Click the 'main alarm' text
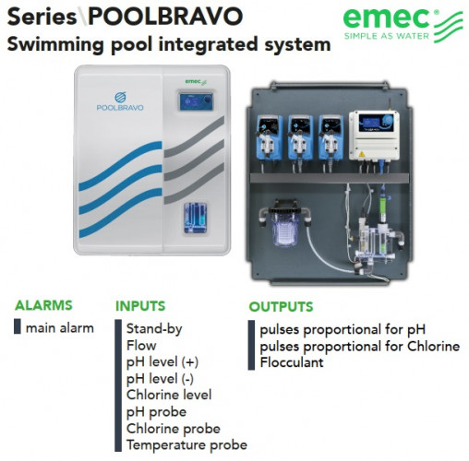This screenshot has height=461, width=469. click(x=59, y=327)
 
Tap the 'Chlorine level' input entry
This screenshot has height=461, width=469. click(x=168, y=395)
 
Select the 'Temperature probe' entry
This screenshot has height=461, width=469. click(x=186, y=444)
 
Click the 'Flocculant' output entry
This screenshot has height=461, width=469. click(x=291, y=362)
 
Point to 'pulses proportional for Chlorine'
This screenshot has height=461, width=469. click(x=359, y=346)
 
